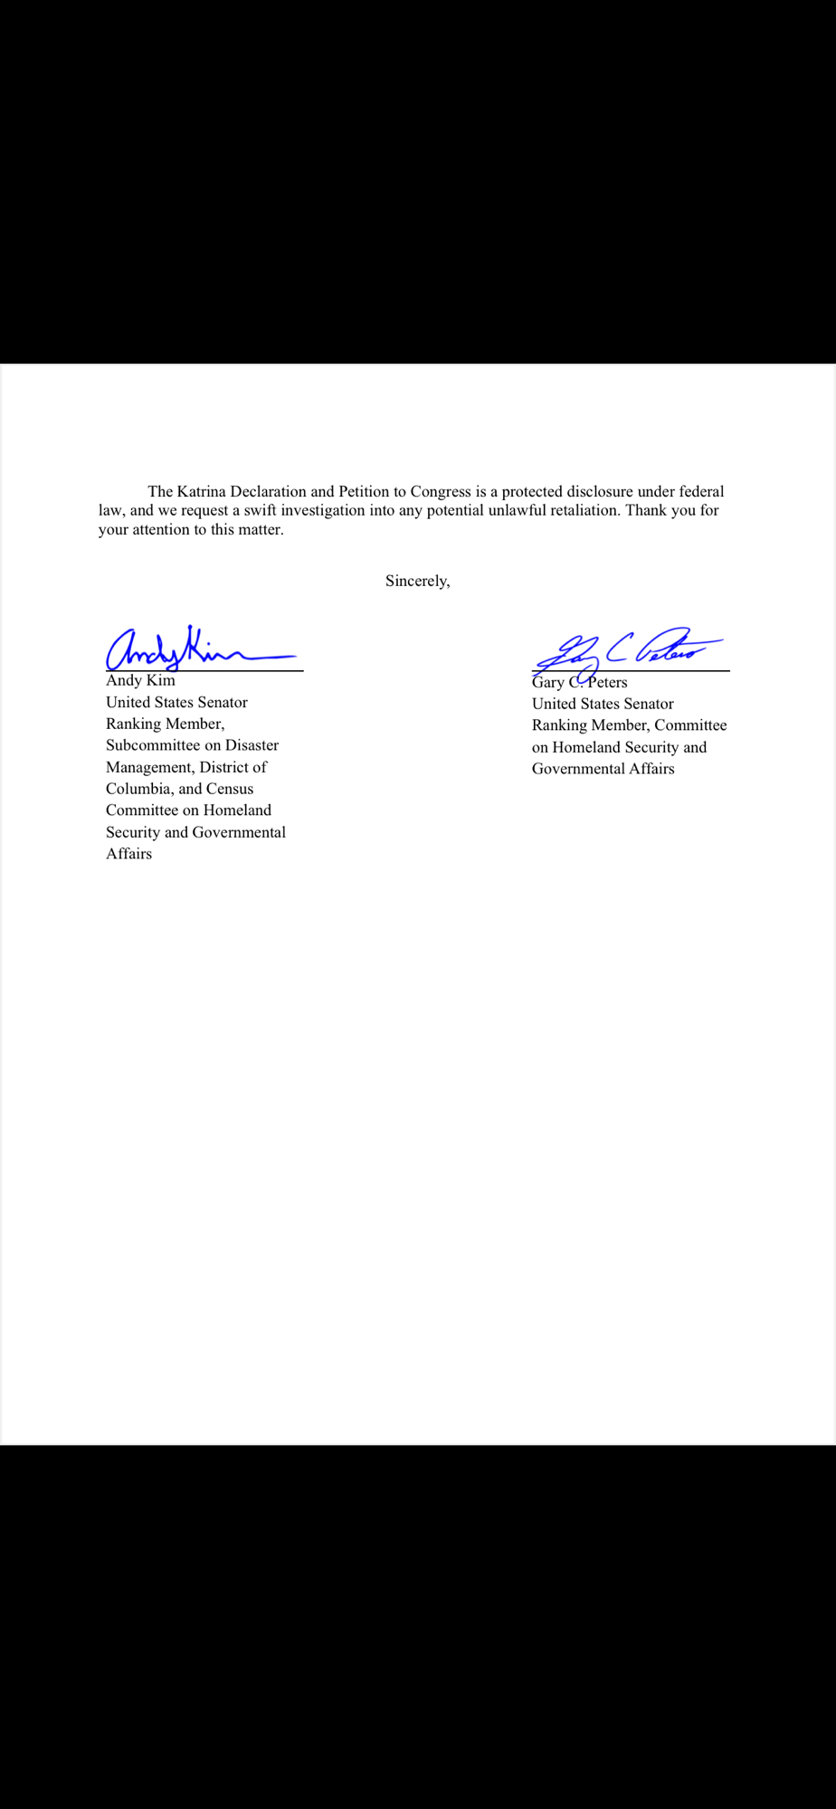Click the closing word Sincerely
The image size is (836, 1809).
coord(416,582)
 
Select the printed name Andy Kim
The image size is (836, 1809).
coord(140,680)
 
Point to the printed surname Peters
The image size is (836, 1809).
coord(607,683)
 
